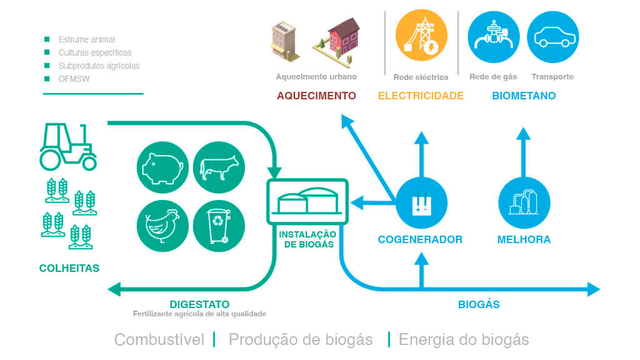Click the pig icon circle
coord(162,167)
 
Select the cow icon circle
coord(219,167)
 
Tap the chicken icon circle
coord(162,226)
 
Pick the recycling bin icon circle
coord(219,226)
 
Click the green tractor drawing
coord(67,146)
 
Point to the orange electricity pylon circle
coord(421,35)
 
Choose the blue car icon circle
coord(553,37)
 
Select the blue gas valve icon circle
coord(494,37)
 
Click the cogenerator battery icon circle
coord(422,203)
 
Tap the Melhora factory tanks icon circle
coord(524,203)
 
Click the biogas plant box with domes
coord(307,202)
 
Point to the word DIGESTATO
coord(199,304)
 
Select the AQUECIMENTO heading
coord(316,96)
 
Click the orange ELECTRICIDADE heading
coord(421,96)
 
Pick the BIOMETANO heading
coord(524,96)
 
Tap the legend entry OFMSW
coord(74,79)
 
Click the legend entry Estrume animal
coord(86,39)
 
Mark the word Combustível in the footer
coord(159,339)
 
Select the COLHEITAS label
coord(69,268)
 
